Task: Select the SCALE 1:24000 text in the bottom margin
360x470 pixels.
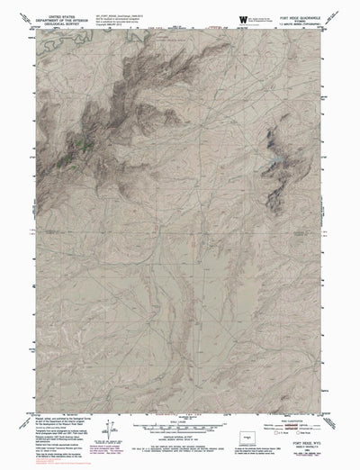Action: [181, 421]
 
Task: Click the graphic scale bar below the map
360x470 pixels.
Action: [181, 428]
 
